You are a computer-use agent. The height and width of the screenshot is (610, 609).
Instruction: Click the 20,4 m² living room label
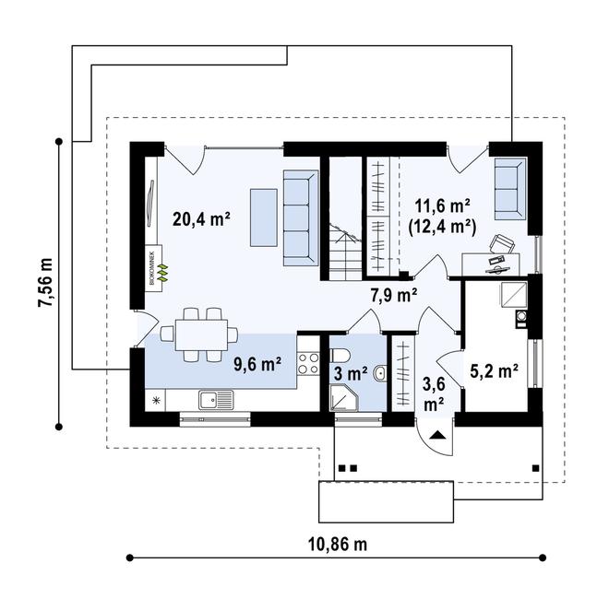pos(201,219)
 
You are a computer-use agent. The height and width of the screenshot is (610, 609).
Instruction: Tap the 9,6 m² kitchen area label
pos(257,364)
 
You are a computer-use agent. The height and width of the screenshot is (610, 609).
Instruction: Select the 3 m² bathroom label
pos(351,374)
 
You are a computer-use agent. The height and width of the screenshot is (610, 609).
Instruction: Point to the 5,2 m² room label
pos(494,371)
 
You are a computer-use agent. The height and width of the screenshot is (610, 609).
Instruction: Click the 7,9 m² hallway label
pos(394,296)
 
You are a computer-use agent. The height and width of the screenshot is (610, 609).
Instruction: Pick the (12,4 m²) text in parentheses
pos(442,228)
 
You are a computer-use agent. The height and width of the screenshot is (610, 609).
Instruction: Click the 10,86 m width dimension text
pos(338,545)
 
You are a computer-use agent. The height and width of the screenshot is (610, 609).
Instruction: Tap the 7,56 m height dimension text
pos(45,283)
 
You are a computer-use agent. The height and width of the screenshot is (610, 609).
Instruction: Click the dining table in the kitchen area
pos(201,335)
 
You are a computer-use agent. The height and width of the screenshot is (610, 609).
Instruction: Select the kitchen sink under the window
pos(216,400)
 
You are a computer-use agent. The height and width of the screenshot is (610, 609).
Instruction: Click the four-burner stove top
pos(308,364)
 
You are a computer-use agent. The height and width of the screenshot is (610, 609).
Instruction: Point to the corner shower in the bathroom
pos(343,398)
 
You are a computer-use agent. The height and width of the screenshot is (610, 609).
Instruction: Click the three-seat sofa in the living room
pos(301,217)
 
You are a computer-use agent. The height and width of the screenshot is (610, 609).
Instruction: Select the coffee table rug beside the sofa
pos(264,217)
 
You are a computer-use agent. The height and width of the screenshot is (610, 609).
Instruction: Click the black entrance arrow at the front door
pos(437,435)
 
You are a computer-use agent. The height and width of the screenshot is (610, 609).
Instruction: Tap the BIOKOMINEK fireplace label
pos(153,268)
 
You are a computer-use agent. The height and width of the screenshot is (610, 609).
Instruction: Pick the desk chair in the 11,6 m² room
pos(502,243)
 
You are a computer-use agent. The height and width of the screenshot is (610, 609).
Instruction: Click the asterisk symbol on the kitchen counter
pos(156,400)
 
